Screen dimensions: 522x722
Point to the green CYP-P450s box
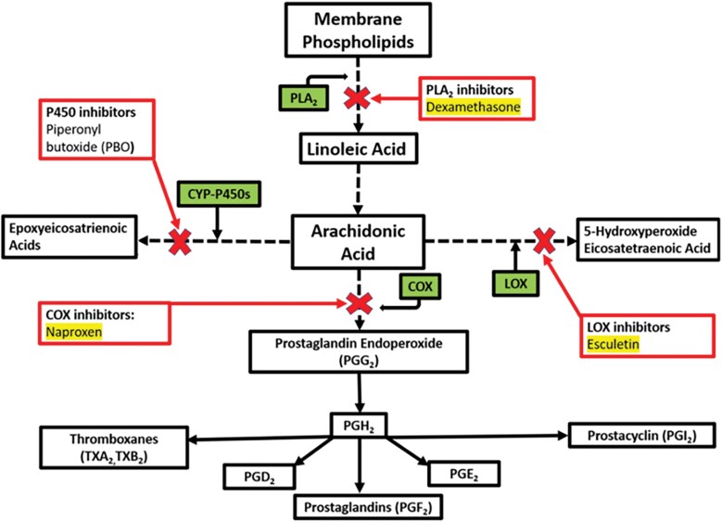coord(215,195)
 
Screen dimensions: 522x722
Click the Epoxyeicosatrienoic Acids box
coord(68,239)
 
